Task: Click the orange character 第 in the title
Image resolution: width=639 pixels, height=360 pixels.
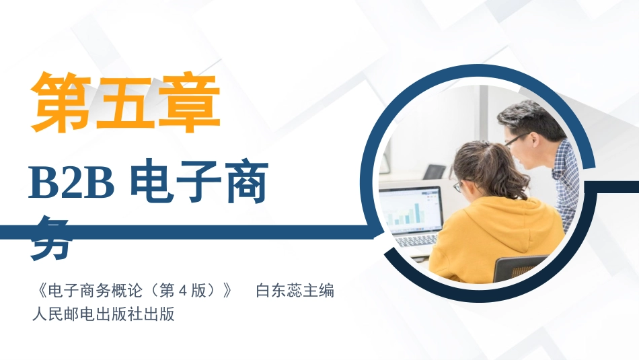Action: (62, 102)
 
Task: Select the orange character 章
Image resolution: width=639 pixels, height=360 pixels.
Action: (190, 102)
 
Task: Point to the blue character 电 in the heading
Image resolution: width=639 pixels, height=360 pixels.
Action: (154, 183)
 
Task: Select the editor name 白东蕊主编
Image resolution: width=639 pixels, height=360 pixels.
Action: (295, 291)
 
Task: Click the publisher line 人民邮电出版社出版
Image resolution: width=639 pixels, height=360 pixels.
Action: (103, 314)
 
